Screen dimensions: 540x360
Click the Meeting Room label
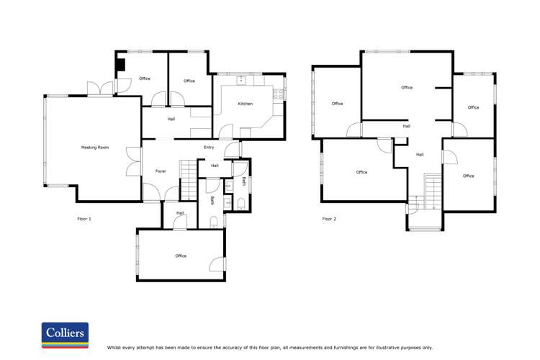[95, 148]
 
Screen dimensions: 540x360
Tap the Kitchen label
[246, 104]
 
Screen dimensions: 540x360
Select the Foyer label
[161, 171]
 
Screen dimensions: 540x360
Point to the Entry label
[209, 148]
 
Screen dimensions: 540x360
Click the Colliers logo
[65, 336]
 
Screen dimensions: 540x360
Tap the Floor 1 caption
[84, 219]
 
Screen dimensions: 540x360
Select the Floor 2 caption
[329, 219]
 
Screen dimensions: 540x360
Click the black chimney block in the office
[120, 65]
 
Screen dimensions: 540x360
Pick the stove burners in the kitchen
[278, 94]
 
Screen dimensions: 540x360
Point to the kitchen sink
[241, 80]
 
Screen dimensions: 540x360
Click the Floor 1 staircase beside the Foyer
[189, 180]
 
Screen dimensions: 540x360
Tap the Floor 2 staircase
[433, 192]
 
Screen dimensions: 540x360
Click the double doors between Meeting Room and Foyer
[134, 161]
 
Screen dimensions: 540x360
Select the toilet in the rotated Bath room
[241, 204]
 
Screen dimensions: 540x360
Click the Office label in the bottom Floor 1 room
[181, 256]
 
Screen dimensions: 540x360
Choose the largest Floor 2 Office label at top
[407, 88]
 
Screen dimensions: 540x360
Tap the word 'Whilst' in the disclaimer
[114, 348]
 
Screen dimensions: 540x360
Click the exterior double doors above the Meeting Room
[100, 89]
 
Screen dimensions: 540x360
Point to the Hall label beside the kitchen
[171, 120]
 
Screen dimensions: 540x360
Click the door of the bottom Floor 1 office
[217, 264]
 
